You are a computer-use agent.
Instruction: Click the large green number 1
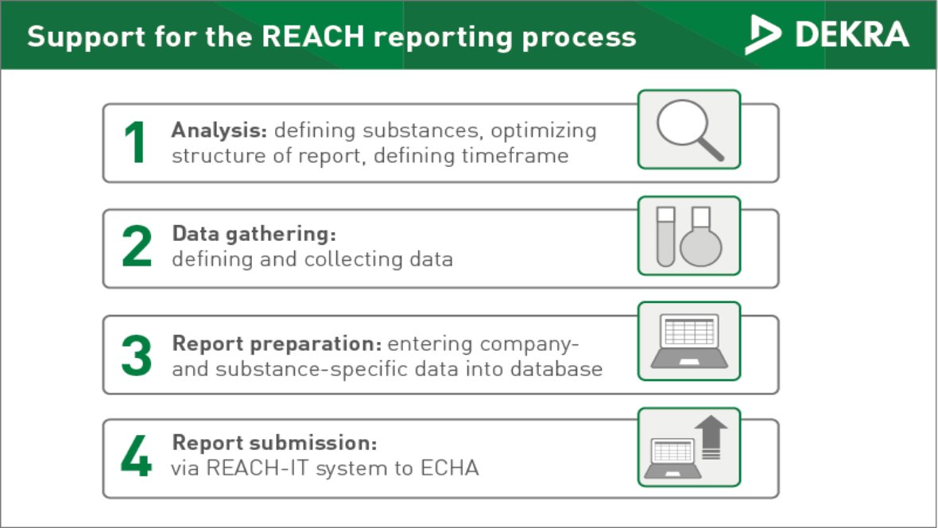point(136,143)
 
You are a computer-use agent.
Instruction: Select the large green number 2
point(136,247)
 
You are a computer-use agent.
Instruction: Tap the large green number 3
point(136,355)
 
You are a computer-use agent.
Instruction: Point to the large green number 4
point(136,459)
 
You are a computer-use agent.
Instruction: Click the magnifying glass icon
point(688,129)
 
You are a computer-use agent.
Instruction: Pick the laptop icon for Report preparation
point(688,341)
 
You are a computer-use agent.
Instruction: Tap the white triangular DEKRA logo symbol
point(762,35)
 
